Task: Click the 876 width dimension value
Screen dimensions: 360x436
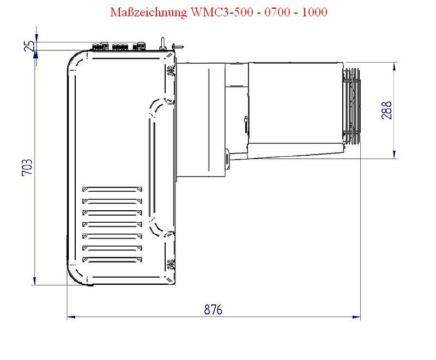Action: tap(213, 309)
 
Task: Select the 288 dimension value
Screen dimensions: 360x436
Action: tap(387, 111)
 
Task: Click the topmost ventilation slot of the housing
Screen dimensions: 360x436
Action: tap(112, 190)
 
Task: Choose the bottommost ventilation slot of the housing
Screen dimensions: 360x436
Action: tap(112, 259)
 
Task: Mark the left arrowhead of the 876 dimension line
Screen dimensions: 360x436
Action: tap(71, 316)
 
